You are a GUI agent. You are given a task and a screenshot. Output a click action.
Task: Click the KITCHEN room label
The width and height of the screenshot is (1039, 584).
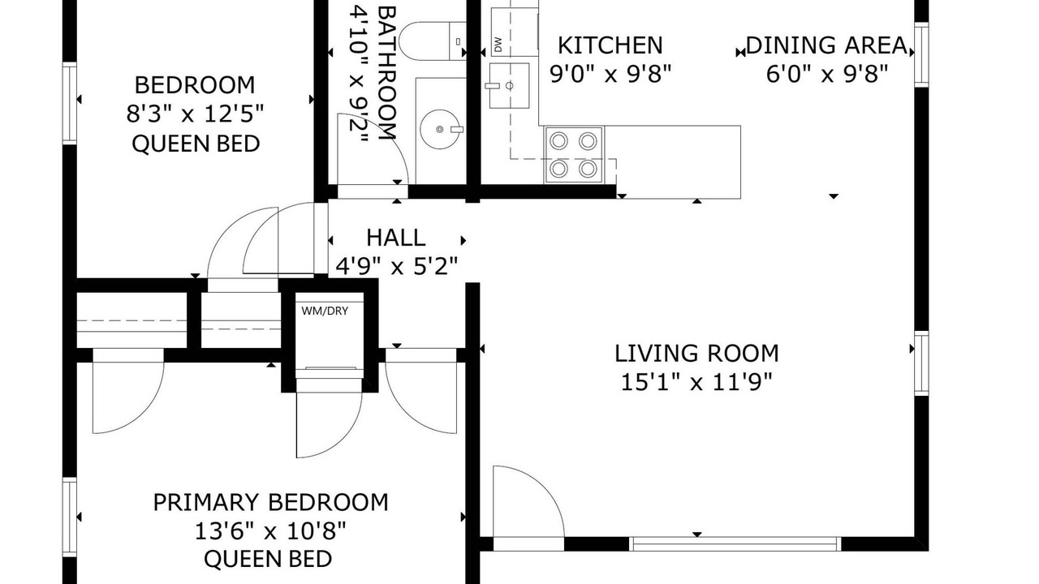click(x=610, y=45)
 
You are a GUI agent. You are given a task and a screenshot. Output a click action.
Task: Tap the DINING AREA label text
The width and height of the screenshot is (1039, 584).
click(x=827, y=45)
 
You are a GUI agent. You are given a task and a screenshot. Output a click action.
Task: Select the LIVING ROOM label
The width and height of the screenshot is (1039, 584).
click(x=696, y=353)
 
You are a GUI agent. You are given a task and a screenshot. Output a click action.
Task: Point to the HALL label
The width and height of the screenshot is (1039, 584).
click(x=395, y=238)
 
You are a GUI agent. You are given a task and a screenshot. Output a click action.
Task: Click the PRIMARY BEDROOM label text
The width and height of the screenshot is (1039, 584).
click(x=271, y=502)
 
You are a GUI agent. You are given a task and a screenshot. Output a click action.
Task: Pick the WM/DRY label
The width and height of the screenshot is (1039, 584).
click(x=325, y=311)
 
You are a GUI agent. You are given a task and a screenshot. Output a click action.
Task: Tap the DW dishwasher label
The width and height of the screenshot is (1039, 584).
click(x=498, y=45)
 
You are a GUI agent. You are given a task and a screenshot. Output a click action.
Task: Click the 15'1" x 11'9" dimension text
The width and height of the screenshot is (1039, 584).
click(x=696, y=382)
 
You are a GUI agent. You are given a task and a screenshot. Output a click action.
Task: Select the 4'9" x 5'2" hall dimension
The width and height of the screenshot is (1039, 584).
click(x=397, y=266)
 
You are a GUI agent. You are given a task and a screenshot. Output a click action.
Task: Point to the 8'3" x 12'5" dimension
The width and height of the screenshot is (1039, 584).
click(x=195, y=114)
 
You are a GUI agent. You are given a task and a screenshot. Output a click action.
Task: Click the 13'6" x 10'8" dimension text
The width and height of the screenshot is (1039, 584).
click(x=270, y=531)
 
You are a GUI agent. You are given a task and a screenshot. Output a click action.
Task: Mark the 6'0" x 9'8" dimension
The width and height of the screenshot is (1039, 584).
click(x=827, y=74)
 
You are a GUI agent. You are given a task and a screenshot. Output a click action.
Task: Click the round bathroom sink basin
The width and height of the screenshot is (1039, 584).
click(x=439, y=129)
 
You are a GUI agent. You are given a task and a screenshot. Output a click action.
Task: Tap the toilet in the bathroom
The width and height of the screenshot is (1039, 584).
click(x=433, y=41)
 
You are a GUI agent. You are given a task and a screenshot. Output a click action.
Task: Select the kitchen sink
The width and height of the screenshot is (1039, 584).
click(x=509, y=86)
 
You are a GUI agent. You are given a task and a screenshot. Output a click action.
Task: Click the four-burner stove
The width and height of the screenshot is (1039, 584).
click(x=574, y=155)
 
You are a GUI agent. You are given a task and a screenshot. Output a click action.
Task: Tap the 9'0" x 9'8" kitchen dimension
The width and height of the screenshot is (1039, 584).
click(x=610, y=74)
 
